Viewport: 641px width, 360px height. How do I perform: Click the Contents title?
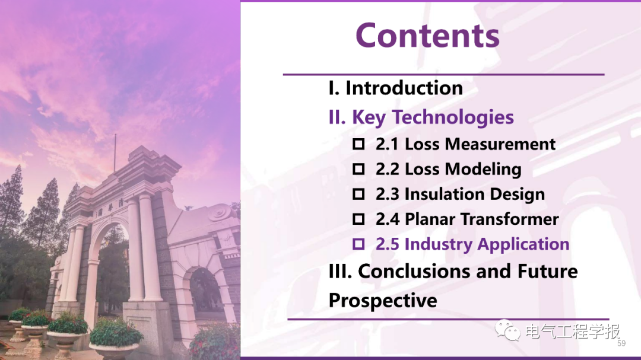pyautogui.click(x=427, y=36)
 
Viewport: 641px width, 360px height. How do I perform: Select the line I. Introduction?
pyautogui.click(x=396, y=88)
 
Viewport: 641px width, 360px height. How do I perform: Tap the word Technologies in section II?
pyautogui.click(x=453, y=117)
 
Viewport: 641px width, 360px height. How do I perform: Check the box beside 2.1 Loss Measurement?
pyautogui.click(x=358, y=144)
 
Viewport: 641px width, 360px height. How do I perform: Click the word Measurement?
pyautogui.click(x=500, y=144)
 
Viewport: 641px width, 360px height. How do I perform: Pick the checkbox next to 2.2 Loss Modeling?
pyautogui.click(x=358, y=169)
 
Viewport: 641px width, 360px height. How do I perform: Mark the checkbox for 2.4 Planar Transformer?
pyautogui.click(x=358, y=219)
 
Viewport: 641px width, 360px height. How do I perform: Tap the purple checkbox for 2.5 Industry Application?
pyautogui.click(x=358, y=244)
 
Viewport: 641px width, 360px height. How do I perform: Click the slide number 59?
pyautogui.click(x=621, y=343)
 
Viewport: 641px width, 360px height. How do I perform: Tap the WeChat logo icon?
pyautogui.click(x=507, y=330)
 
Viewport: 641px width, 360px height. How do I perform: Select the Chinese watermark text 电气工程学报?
pyautogui.click(x=572, y=331)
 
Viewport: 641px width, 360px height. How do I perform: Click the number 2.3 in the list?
pyautogui.click(x=387, y=194)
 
